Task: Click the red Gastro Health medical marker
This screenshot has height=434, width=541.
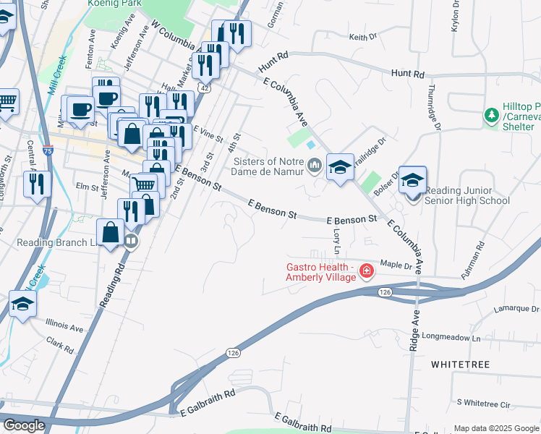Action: [367, 271]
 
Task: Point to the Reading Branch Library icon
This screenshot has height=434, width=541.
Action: [131, 241]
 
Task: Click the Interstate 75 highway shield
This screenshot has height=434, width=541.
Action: [47, 150]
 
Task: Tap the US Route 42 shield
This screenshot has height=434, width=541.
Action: [206, 87]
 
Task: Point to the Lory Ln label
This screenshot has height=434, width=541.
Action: [336, 242]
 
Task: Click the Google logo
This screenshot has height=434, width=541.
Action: [23, 425]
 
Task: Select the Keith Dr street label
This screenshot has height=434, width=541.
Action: [362, 36]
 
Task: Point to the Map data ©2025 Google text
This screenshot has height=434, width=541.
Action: [495, 428]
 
